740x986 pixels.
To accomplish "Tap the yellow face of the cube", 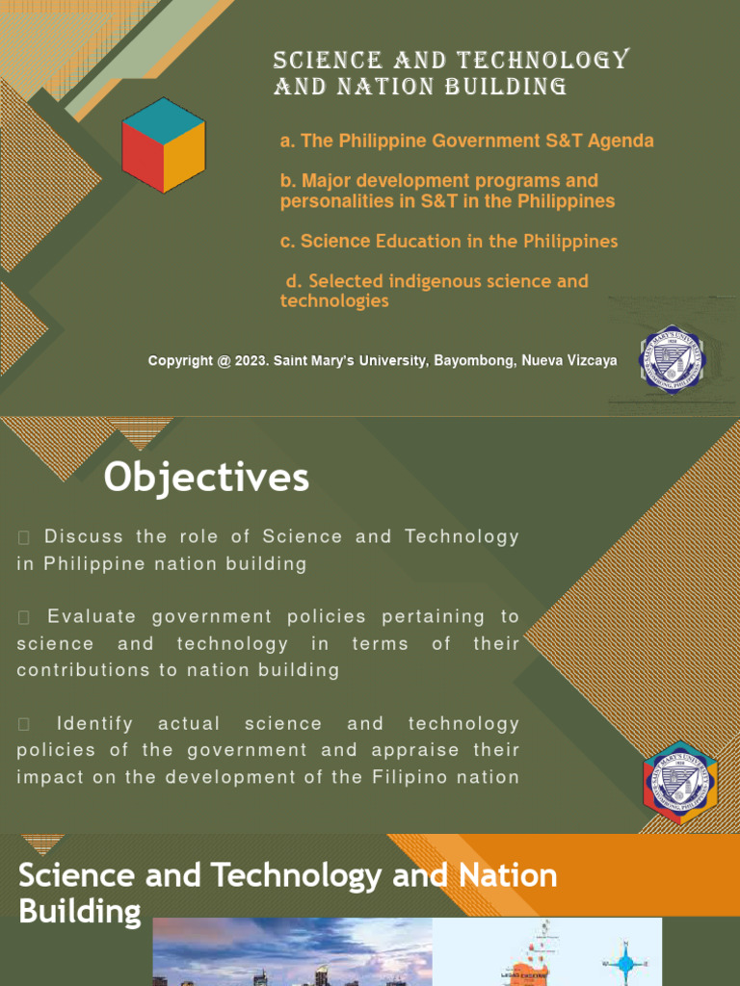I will point(183,156).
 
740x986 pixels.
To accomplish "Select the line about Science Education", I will point(449,241).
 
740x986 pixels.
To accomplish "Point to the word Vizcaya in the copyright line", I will point(590,361).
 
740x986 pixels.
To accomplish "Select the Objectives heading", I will point(207,478).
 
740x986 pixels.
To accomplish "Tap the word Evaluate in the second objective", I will point(91,616).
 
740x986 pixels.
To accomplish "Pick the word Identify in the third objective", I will point(93,723).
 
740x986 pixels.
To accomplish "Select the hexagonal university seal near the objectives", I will point(680,782).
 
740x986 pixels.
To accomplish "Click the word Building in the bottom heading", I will point(80,911).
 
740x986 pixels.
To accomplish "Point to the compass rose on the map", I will point(627,962).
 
